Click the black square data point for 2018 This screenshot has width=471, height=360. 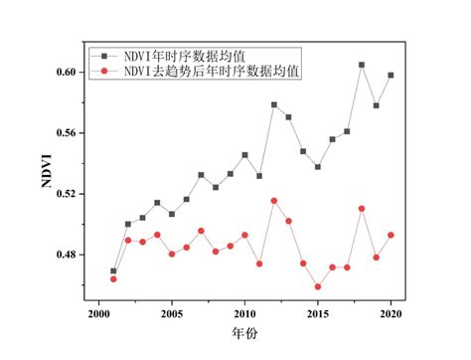click(362, 65)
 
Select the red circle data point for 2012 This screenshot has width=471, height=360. click(274, 201)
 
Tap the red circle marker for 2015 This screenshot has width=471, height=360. click(318, 286)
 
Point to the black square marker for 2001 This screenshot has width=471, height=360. click(113, 270)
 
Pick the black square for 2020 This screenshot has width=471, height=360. click(391, 76)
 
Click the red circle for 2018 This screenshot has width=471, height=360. click(362, 209)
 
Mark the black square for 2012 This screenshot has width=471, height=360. click(274, 104)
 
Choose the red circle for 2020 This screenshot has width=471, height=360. click(391, 235)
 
